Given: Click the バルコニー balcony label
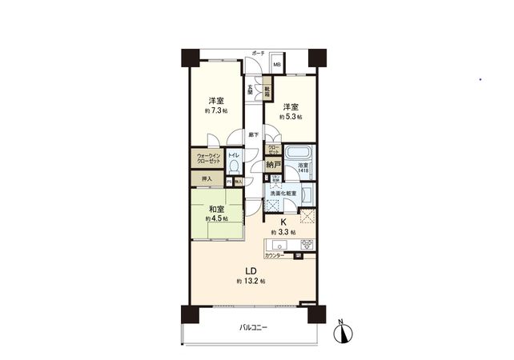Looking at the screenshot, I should [253, 328].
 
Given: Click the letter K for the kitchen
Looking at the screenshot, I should [283, 224].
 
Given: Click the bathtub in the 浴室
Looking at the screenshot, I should [298, 154].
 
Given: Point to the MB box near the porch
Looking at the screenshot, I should [277, 66].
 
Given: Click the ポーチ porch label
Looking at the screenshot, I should [258, 53].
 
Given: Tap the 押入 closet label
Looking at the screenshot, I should [207, 180].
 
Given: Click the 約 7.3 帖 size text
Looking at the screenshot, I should [216, 110].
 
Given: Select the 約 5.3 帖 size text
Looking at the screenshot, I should [291, 117].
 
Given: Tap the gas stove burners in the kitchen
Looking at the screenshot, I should [305, 245].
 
